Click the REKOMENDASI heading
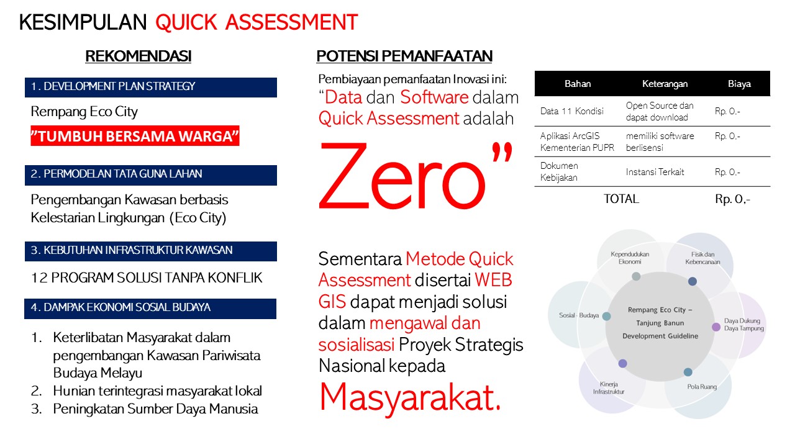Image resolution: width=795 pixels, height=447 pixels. (139, 56)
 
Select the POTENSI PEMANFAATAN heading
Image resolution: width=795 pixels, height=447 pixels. (404, 56)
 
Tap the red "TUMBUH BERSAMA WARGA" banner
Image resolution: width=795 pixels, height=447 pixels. (135, 136)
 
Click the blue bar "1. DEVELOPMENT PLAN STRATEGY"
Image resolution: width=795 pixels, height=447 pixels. (151, 88)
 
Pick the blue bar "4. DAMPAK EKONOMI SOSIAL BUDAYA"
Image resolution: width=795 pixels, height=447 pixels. (150, 309)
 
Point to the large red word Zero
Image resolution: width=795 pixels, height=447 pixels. (402, 176)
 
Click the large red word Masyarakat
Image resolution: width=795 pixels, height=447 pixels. (410, 398)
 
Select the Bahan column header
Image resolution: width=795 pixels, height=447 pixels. (578, 84)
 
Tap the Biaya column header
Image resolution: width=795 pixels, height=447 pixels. (739, 84)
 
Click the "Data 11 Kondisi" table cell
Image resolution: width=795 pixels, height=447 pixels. (572, 111)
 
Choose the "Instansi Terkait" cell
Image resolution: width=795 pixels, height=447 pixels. (655, 172)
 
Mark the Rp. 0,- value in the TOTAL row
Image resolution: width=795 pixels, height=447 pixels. (732, 199)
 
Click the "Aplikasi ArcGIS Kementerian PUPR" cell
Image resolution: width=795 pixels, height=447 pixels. (577, 142)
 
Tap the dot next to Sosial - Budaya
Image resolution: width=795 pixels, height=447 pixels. (607, 316)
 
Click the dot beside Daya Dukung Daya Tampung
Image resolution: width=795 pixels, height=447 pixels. (716, 327)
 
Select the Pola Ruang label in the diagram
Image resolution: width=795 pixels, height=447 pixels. (702, 387)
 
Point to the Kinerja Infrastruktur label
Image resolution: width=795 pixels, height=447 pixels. (609, 388)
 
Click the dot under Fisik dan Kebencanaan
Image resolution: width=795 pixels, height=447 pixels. (693, 281)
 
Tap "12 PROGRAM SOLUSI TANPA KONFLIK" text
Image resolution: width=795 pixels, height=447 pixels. (147, 278)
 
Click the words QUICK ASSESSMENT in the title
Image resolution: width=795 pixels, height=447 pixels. (257, 22)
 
